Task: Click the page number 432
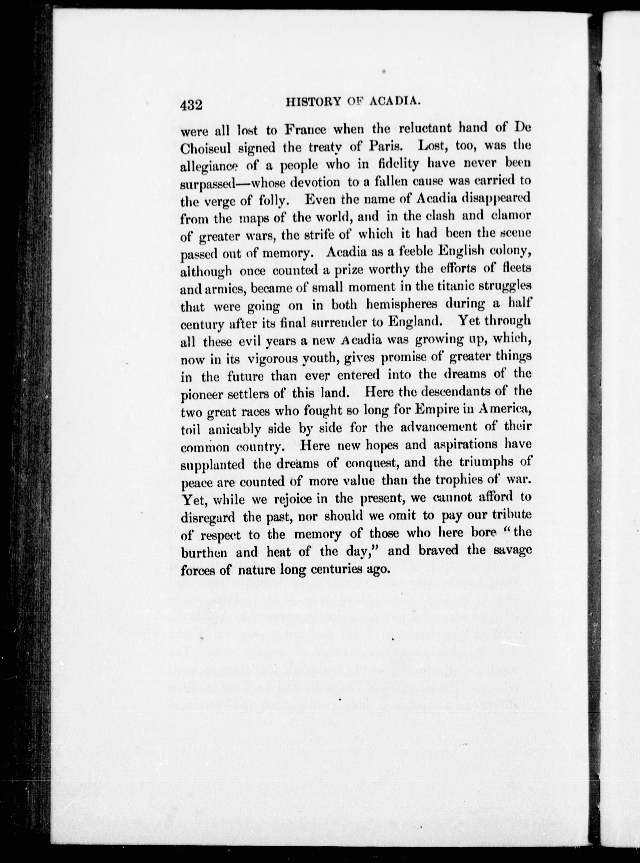click(192, 105)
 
